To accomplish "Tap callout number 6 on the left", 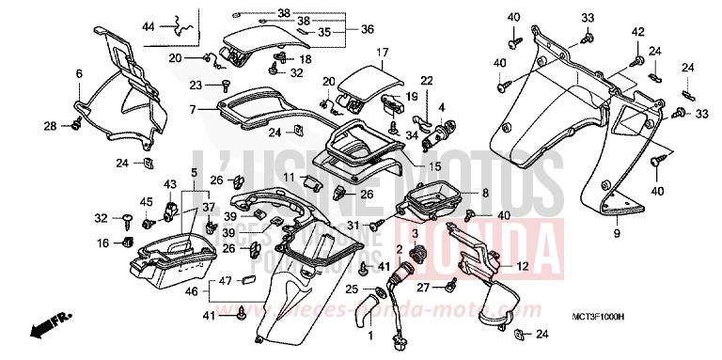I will point(79,73).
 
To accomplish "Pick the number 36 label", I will point(367,28).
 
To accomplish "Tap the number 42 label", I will point(638,32).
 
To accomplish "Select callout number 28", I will point(49,125).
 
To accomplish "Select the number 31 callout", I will point(353,225).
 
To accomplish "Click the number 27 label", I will point(425,287).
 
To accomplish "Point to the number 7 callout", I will point(192,109).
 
